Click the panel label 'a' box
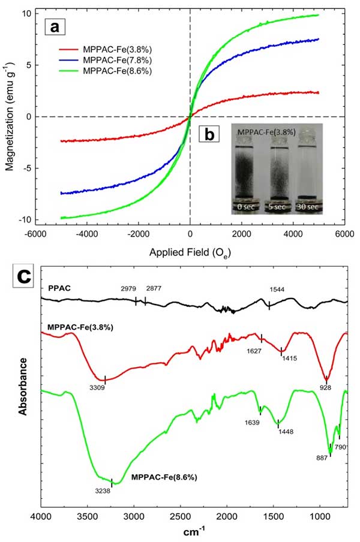[x=54, y=27]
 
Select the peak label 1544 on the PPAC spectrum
[x=276, y=289]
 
